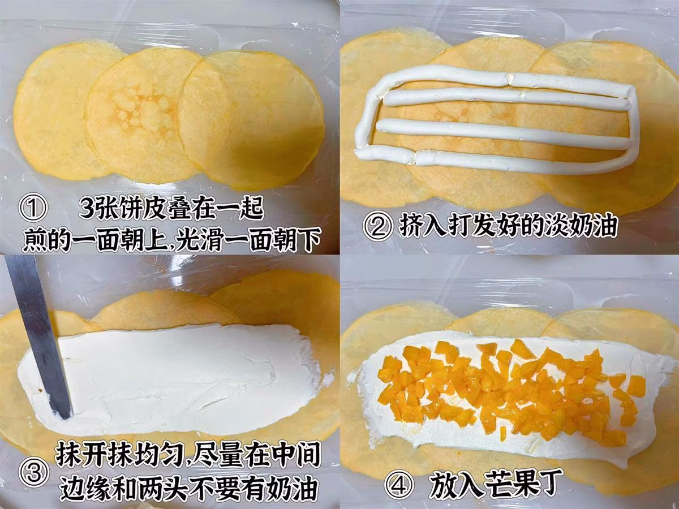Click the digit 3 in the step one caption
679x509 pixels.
pyautogui.click(x=85, y=208)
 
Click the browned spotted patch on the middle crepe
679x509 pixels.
pyautogui.click(x=139, y=109)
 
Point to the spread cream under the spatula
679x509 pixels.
pyautogui.click(x=173, y=377)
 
